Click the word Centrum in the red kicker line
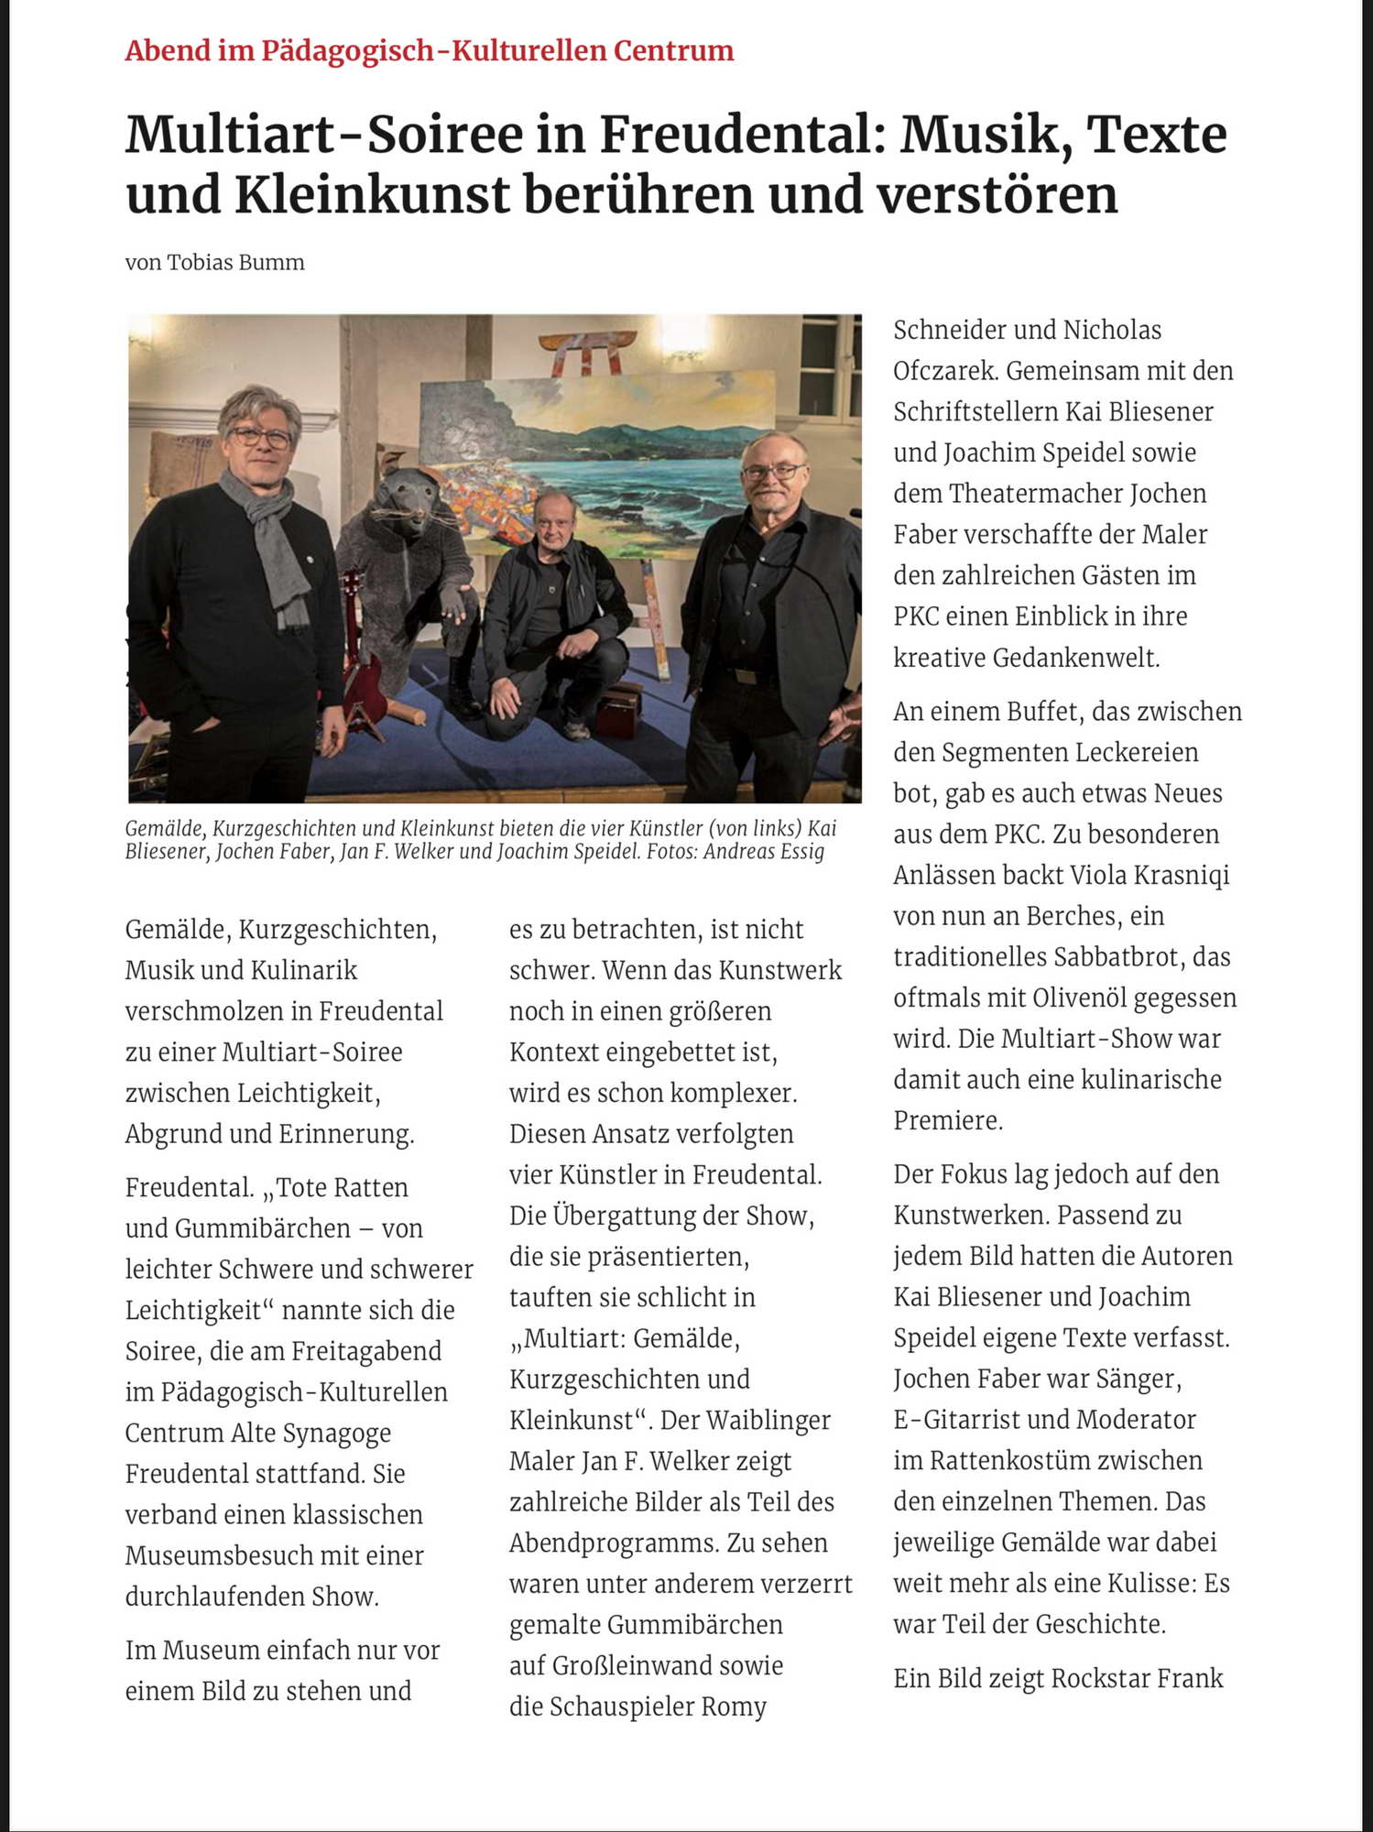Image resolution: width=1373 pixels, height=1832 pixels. coord(673,50)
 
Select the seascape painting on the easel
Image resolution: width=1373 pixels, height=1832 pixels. coord(595,449)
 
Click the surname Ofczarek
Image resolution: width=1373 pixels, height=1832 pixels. coord(944,371)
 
